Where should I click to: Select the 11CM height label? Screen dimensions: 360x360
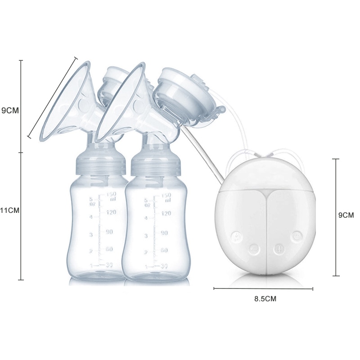(9, 210)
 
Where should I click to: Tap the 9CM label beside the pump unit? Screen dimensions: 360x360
(346, 215)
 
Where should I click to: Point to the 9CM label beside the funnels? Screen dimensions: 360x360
(10, 110)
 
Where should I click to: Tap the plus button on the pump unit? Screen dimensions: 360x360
(279, 248)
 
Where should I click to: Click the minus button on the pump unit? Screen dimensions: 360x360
(253, 248)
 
